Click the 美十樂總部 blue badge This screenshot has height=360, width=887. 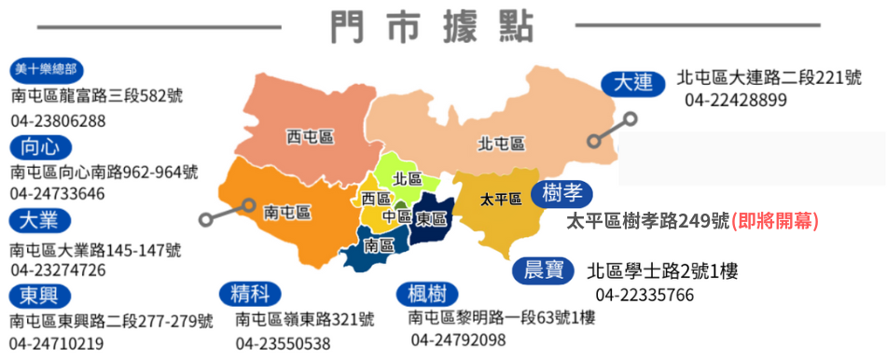pos(47,71)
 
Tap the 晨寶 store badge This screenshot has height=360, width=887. pos(544,270)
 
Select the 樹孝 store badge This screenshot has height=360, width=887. pos(562,193)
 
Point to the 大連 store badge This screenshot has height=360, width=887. pos(631,82)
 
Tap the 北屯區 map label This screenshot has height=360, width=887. pos(501,144)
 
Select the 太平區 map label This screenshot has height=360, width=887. pos(500,199)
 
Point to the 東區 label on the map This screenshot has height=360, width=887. pos(430,218)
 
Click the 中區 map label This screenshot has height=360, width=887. pos(396,215)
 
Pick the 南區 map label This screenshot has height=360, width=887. pos(379,246)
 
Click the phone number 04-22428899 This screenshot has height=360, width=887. pos(736,100)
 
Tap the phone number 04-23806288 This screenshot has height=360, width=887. pos(59,120)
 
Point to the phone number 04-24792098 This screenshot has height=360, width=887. pos(458,339)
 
